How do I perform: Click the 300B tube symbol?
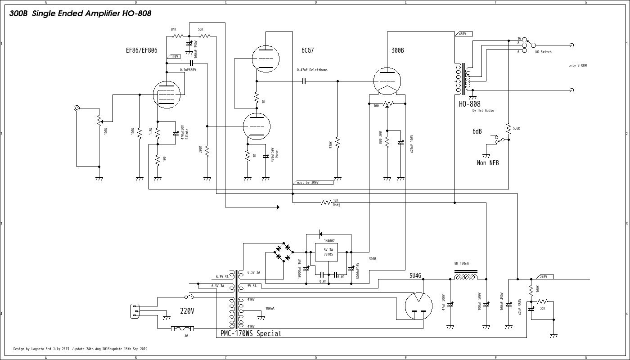[387, 81]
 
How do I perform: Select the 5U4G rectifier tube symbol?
[418, 306]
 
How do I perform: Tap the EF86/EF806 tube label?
[142, 50]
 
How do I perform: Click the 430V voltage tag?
[464, 34]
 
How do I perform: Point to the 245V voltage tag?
[545, 277]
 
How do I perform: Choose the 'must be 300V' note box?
[313, 182]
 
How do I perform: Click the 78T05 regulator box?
[328, 252]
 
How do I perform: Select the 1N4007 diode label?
[329, 241]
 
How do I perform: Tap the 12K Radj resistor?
[326, 203]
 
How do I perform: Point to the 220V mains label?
[188, 311]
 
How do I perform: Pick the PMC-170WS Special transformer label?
[251, 334]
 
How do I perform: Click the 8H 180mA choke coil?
[465, 277]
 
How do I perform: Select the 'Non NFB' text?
[488, 163]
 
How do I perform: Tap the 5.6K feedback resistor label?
[516, 128]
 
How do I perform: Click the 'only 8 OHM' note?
[577, 66]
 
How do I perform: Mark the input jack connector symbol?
[77, 108]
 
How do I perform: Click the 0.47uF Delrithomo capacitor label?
[312, 70]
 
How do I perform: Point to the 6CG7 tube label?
[308, 50]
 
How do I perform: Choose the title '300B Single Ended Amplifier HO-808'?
[80, 14]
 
